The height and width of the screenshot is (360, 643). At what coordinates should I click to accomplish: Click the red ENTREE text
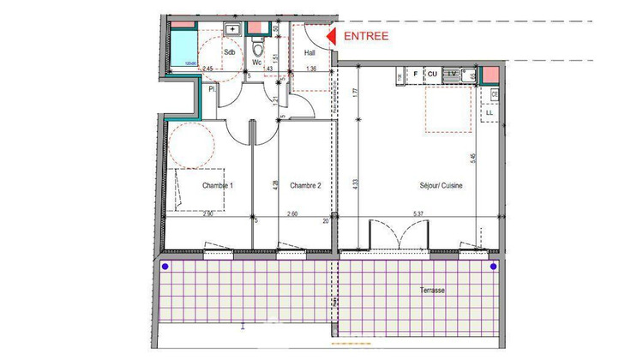point(366,36)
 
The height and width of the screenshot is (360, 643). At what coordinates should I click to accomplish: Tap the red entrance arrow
point(332,36)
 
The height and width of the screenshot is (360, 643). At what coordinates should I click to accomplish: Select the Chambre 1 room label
point(218,185)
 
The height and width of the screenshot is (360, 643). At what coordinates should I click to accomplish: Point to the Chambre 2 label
point(305,185)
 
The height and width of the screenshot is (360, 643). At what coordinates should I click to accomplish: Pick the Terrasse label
point(434,291)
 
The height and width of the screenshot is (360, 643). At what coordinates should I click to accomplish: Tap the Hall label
point(310,53)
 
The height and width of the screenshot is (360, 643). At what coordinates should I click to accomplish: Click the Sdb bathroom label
point(230,53)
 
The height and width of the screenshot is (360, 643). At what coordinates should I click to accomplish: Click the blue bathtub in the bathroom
point(183,48)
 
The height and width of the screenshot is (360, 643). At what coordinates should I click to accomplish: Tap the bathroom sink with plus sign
point(232,30)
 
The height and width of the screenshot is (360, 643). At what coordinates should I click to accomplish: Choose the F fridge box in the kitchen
point(416,75)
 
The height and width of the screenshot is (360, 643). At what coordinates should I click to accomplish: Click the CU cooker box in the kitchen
point(433,75)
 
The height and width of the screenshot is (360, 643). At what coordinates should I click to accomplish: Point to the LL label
point(490,112)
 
